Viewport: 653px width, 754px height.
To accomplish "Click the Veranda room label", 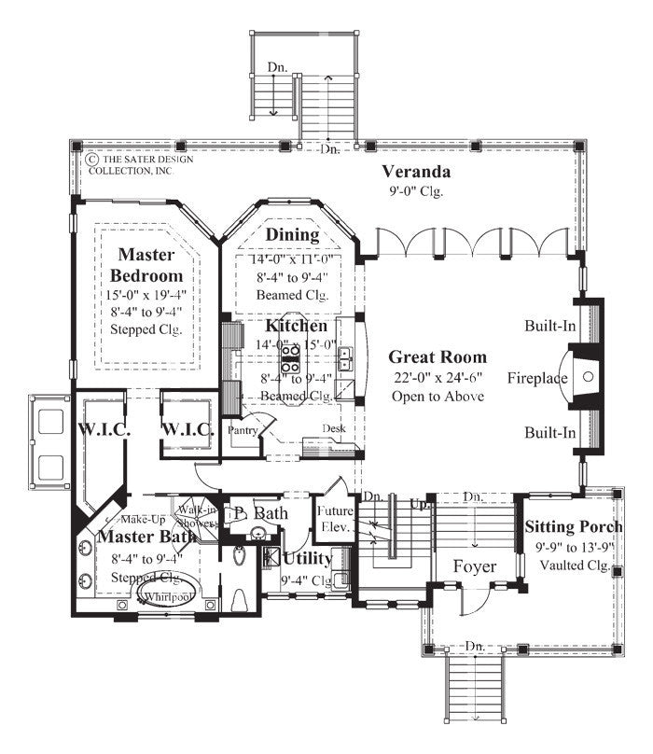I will pos(416,172).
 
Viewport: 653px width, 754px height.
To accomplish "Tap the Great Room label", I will pos(438,356).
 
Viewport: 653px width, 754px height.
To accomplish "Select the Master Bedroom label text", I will pos(146,264).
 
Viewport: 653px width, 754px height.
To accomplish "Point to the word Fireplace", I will pos(538,379).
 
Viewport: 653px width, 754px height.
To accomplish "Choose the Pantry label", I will pos(243,431).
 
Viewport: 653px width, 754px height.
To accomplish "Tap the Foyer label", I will pos(474,566).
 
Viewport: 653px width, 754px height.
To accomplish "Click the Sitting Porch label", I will pos(568,526).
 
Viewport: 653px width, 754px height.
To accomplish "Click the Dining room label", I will pos(292,234).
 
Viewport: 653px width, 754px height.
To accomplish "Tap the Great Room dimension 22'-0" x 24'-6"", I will pos(438,377).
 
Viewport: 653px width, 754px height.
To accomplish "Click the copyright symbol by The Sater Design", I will pos(91,160).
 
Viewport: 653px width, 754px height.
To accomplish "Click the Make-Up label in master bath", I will pos(144,519).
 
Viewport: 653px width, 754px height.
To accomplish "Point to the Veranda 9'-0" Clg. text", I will pos(416,192).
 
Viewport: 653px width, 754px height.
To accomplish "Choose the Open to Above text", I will pos(438,397).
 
